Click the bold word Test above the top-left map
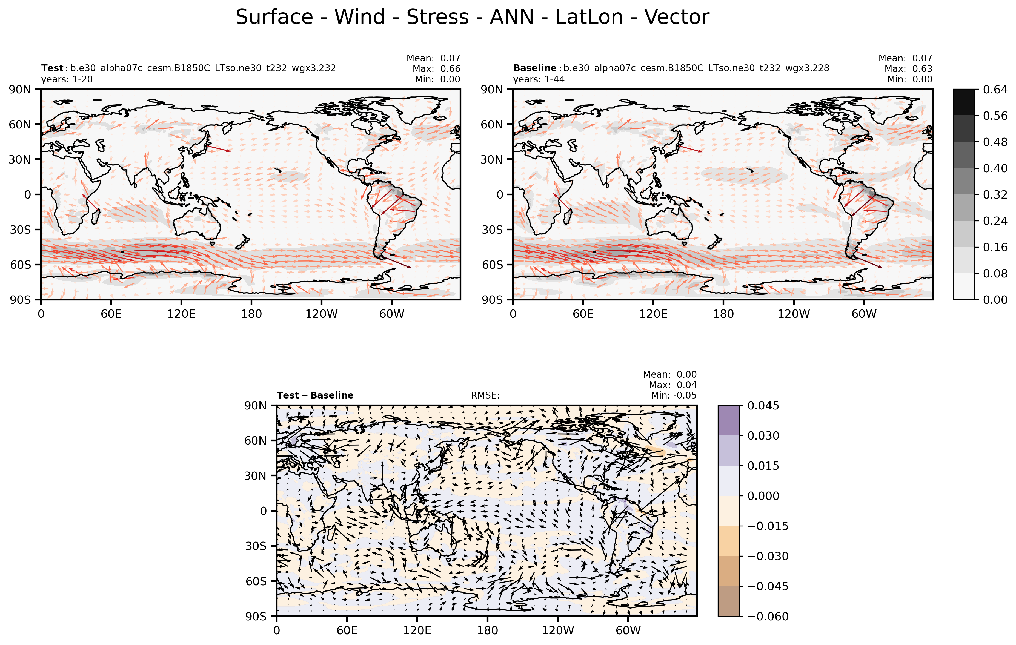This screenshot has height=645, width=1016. coord(52,68)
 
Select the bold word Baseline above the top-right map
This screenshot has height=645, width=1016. coord(535,68)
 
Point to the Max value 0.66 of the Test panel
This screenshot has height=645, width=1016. coord(450,69)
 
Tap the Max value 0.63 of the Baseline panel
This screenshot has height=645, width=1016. coord(922,69)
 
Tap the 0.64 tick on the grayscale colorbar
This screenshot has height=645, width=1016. coord(995,90)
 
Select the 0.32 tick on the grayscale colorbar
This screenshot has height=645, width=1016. coord(995,194)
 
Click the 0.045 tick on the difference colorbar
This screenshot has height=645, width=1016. coord(763,406)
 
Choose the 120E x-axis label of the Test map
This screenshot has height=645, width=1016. coord(181,314)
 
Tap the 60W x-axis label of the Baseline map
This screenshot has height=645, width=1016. coord(864,314)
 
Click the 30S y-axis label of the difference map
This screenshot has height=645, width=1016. coord(256,546)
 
